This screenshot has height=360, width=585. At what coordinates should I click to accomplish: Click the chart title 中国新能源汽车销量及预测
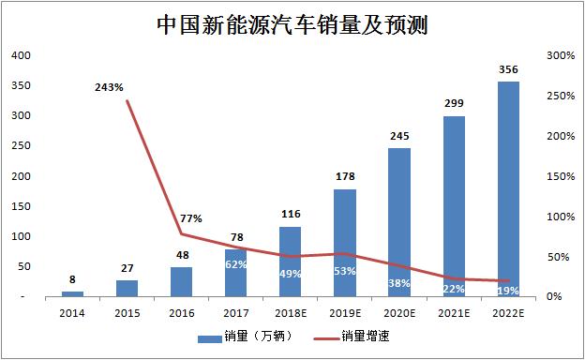[292, 25]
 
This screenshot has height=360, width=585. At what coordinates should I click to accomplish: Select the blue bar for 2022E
[508, 189]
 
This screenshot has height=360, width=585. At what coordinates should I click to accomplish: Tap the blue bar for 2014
[73, 294]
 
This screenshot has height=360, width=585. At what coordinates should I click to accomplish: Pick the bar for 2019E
[345, 243]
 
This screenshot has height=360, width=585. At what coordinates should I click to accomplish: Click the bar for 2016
[182, 281]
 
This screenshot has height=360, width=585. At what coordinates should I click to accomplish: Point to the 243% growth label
[109, 87]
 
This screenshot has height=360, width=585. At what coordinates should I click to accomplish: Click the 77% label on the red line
[191, 218]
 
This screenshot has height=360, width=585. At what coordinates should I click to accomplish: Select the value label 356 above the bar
[508, 69]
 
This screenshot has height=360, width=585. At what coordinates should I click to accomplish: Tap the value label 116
[291, 214]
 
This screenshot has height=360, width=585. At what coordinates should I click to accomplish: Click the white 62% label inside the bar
[236, 264]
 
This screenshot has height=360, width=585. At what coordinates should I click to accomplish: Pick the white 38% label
[399, 283]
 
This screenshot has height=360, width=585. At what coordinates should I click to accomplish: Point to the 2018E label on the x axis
[291, 313]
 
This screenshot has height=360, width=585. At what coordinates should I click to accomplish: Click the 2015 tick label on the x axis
[127, 313]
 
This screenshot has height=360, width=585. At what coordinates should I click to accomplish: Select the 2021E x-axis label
[454, 313]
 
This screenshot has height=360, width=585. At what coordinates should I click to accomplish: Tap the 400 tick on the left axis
[21, 55]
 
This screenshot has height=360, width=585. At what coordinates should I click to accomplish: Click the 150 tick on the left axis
[21, 206]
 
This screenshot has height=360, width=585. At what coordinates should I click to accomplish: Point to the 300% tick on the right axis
[561, 55]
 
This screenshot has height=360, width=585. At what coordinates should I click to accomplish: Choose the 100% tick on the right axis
[561, 217]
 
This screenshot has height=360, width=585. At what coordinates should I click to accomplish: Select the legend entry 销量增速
[352, 337]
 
